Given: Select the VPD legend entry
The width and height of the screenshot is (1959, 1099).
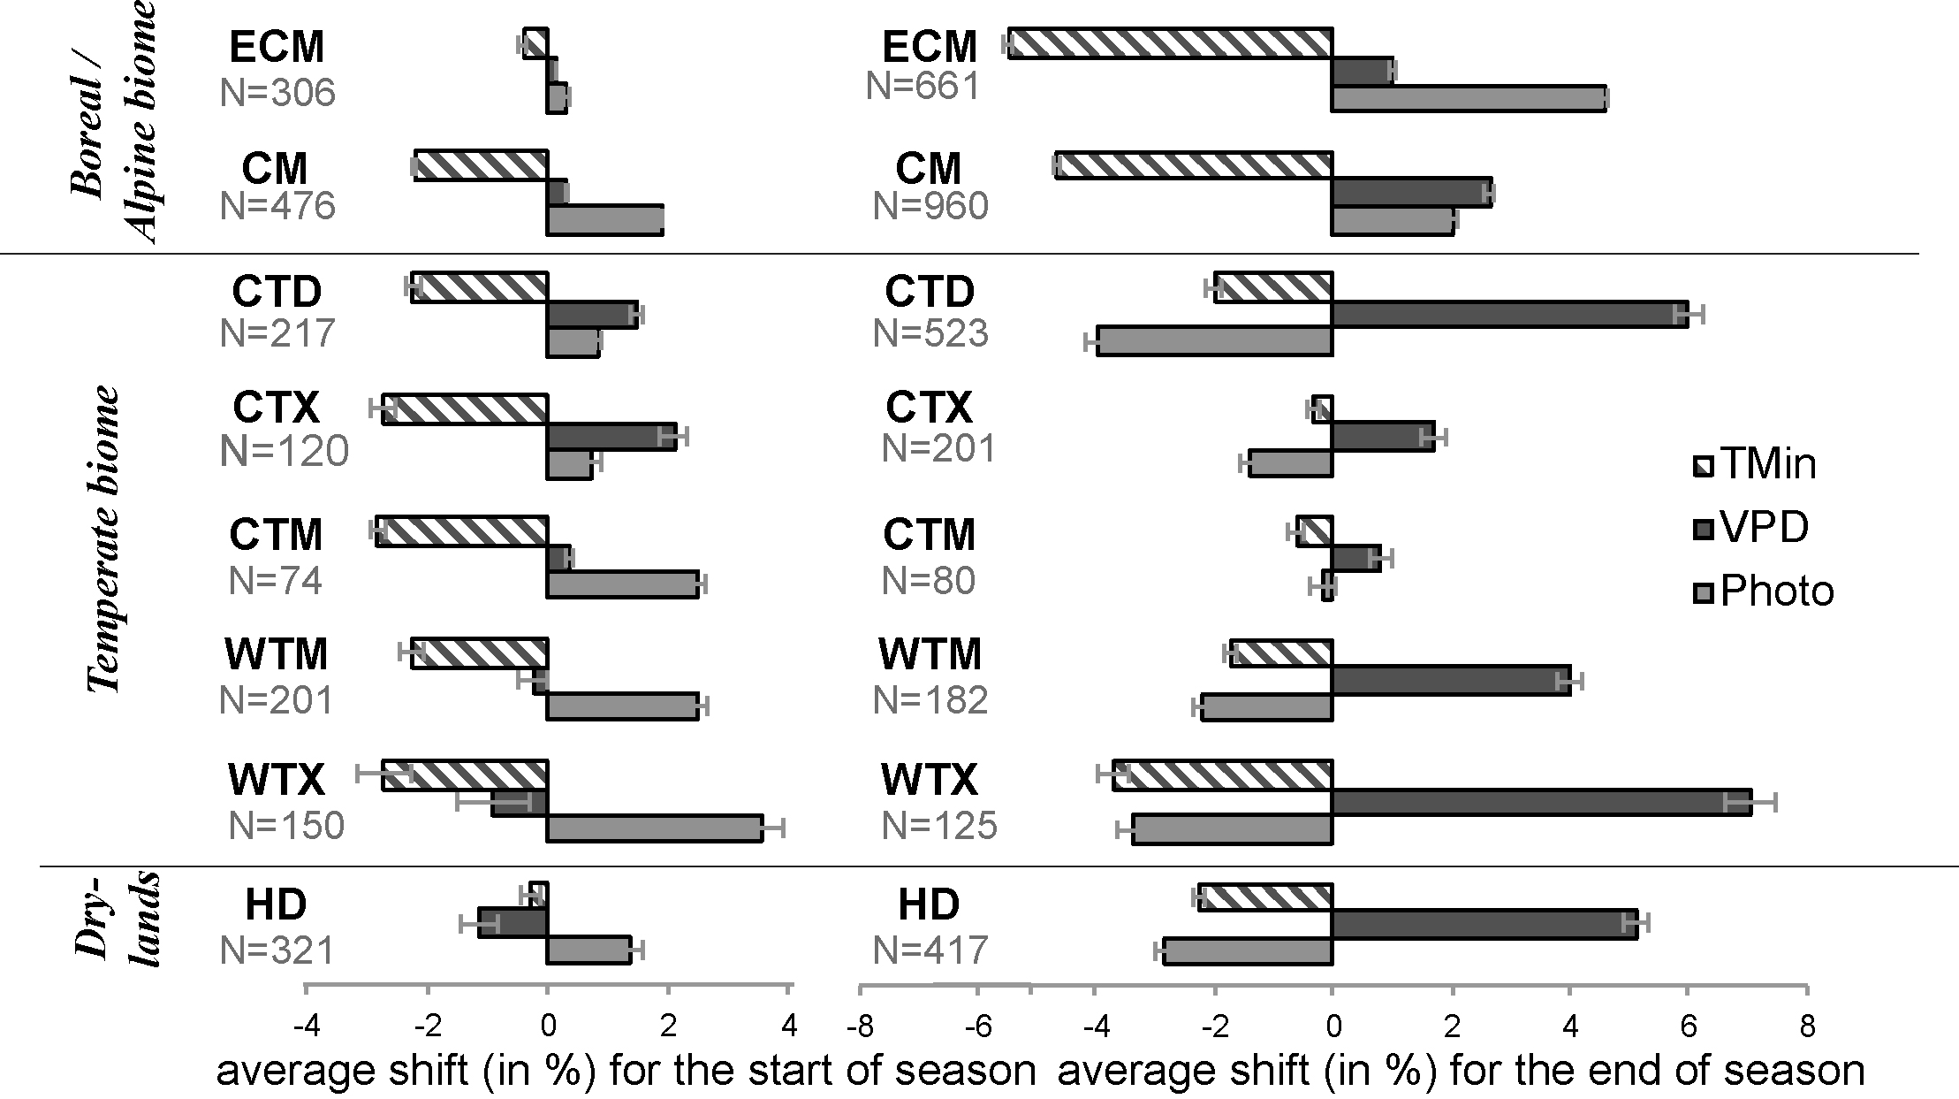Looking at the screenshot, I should [1750, 529].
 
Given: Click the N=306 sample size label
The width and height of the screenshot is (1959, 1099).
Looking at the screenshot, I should [277, 93].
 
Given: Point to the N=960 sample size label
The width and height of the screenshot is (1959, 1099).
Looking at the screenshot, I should [930, 206].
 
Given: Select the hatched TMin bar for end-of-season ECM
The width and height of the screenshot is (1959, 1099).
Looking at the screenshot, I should [1170, 43].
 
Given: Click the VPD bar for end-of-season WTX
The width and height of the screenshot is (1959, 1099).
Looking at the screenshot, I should [1541, 803].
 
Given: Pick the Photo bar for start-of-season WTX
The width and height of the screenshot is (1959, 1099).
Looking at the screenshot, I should [655, 828].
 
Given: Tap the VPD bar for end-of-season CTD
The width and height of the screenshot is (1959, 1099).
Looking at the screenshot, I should [1509, 315].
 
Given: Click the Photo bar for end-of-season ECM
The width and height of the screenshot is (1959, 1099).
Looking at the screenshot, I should [1469, 98].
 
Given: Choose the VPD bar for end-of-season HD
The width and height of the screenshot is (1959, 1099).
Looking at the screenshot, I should [1484, 924].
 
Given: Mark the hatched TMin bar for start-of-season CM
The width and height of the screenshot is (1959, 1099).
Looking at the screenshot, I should [482, 165].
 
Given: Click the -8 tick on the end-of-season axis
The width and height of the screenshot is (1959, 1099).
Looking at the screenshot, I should [861, 1026].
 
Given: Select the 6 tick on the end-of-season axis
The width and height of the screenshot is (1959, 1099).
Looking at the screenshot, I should [1689, 1026].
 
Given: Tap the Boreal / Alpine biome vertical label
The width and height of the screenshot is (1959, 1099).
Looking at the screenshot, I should [113, 122].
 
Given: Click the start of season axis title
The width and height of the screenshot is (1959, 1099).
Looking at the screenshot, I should [626, 1071].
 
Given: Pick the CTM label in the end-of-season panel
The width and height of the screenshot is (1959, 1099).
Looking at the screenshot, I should [929, 535].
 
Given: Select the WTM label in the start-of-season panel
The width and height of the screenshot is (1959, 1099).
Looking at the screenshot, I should [277, 655].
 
